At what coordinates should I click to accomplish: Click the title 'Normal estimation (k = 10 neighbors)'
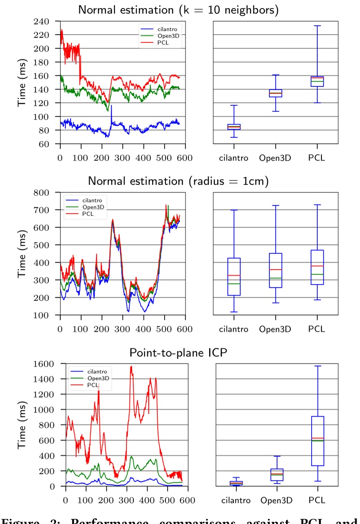pos(178,10)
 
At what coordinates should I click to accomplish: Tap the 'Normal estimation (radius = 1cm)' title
pos(178,181)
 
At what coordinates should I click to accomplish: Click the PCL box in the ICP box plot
pos(317,441)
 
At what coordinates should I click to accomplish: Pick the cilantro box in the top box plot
pos(234,127)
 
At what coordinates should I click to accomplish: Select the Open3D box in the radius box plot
pos(275,270)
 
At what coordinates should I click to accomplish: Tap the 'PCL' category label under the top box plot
pos(316,158)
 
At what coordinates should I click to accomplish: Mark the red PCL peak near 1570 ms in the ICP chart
pos(131,366)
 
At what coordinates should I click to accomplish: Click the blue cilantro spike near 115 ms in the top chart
pos(112,106)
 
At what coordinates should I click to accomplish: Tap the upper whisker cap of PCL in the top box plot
pos(317,26)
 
